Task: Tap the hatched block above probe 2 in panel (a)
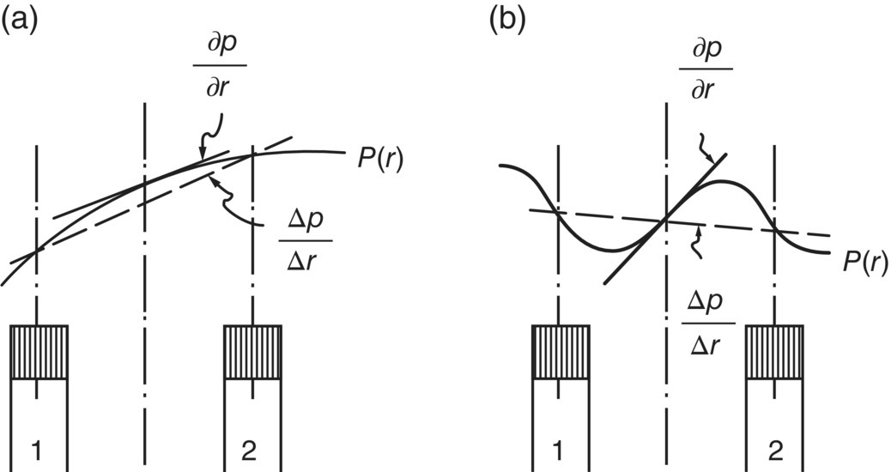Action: pyautogui.click(x=252, y=351)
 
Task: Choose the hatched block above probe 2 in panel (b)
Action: pyautogui.click(x=775, y=351)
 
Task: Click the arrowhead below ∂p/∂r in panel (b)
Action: pyautogui.click(x=711, y=163)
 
